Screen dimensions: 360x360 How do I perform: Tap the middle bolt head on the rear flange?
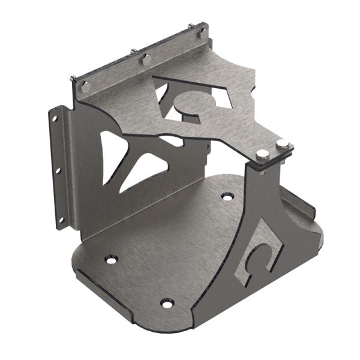pyautogui.click(x=146, y=59)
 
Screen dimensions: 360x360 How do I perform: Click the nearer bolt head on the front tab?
pyautogui.click(x=262, y=154)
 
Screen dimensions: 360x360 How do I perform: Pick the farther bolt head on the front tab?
pyautogui.click(x=282, y=145)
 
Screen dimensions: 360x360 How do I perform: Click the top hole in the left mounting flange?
pyautogui.click(x=55, y=119)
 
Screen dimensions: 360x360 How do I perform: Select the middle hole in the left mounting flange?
pyautogui.click(x=58, y=170)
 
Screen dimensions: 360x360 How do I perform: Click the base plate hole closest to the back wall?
pyautogui.click(x=227, y=197)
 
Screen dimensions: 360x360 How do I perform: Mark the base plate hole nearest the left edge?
pyautogui.click(x=111, y=260)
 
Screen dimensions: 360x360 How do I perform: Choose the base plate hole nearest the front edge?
pyautogui.click(x=167, y=303)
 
